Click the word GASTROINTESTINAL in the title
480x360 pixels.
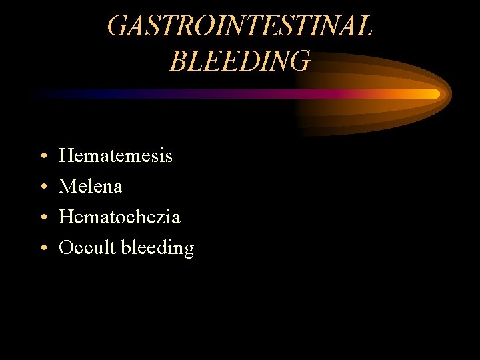tap(239, 27)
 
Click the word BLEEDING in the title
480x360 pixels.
tap(239, 61)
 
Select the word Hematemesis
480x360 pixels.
tap(115, 156)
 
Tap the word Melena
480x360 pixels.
tap(91, 187)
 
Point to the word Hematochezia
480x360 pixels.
tap(119, 217)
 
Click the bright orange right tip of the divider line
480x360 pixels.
tap(435, 94)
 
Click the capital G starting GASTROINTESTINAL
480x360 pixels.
tap(117, 27)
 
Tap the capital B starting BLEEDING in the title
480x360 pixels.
tap(178, 61)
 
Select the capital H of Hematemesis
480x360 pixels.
tap(66, 156)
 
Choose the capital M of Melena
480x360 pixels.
tap(67, 187)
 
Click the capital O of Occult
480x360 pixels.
tap(66, 248)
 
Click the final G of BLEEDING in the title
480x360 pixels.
tap(300, 61)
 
